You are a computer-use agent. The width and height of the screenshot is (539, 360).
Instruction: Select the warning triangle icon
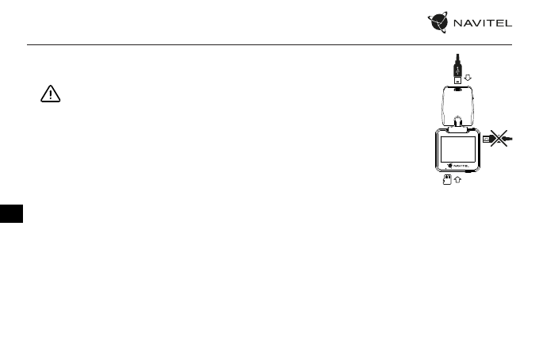click(x=50, y=94)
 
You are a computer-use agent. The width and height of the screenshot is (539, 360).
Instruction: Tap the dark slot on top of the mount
click(x=458, y=90)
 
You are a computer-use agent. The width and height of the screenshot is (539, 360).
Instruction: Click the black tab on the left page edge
click(x=12, y=212)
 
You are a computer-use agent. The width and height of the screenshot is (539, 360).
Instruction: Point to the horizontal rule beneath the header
click(x=269, y=44)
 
